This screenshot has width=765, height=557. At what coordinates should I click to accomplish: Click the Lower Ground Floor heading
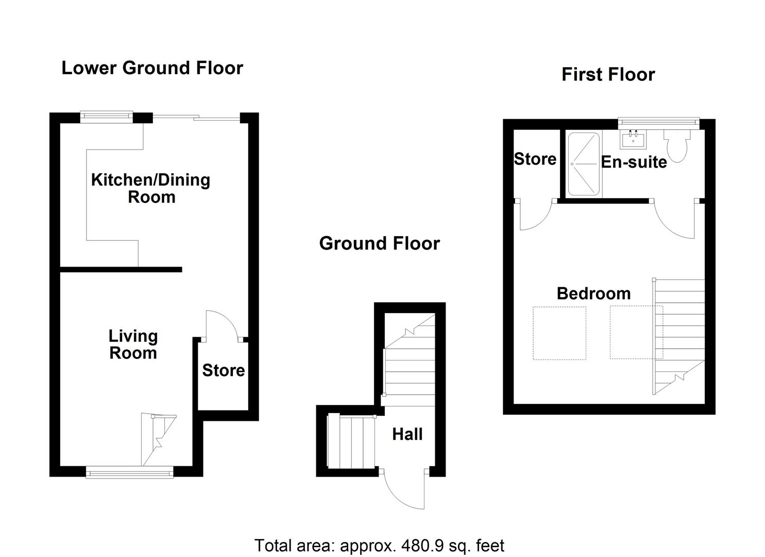click(152, 68)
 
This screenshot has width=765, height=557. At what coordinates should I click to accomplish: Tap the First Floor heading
click(608, 75)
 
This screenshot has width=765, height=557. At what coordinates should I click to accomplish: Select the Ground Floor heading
click(379, 243)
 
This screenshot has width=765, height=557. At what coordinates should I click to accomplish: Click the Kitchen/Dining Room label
click(150, 188)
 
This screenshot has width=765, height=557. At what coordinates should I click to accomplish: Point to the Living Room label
click(133, 345)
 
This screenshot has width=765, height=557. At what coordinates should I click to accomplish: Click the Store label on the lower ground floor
click(223, 370)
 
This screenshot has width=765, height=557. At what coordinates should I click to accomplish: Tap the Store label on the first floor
click(535, 159)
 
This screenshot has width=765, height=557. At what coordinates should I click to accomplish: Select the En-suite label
click(634, 162)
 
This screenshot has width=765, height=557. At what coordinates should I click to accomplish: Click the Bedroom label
click(593, 293)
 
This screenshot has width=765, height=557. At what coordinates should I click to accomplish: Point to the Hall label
click(407, 434)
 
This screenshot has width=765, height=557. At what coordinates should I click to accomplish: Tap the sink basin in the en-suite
click(633, 139)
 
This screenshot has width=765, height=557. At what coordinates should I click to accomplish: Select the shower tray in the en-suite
click(584, 164)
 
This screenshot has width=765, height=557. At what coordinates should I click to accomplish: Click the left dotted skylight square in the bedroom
click(559, 333)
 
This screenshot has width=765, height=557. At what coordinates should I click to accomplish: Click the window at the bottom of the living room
click(129, 472)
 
